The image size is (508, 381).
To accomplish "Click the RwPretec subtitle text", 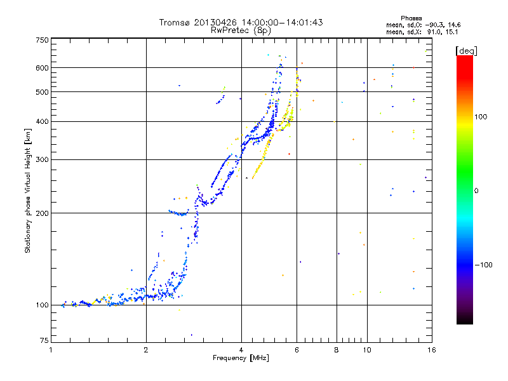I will tap(228, 29).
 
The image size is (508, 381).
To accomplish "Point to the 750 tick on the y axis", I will tap(42, 40).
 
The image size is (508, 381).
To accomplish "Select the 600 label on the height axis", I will tap(42, 67).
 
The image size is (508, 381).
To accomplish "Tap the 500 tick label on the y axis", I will tap(42, 91).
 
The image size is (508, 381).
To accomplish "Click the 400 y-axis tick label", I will tap(42, 121).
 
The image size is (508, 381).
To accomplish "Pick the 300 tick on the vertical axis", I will tap(42, 159).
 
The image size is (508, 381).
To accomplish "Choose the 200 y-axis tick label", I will tap(42, 213).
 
